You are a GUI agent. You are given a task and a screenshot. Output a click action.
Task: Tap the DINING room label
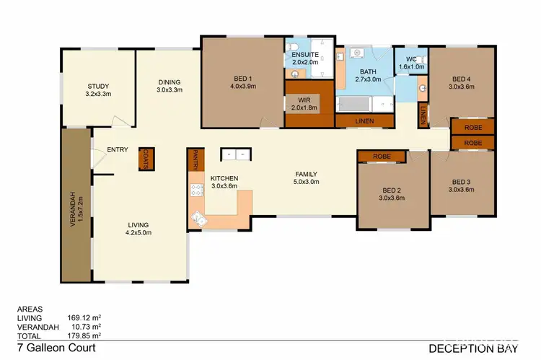(x=169, y=82)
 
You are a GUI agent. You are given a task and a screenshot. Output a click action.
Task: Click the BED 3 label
(x=462, y=181)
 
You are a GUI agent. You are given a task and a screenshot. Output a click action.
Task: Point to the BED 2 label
(x=393, y=191)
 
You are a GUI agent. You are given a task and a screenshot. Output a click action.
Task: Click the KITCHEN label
(x=224, y=177)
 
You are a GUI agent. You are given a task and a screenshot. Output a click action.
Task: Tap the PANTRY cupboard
(x=194, y=160)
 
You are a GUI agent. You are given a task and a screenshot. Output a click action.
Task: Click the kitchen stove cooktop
(x=196, y=191)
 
